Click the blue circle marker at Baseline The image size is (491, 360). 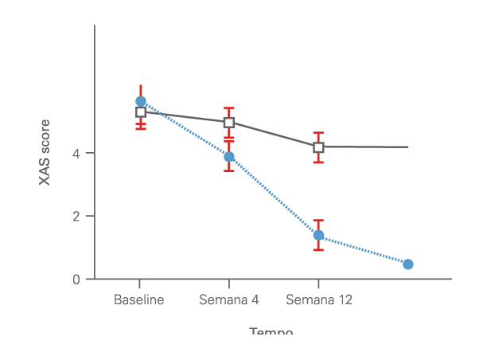tap(141, 101)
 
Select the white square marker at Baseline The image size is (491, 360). tap(141, 112)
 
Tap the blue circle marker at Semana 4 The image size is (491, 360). tap(229, 157)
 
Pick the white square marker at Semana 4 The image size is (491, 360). tap(229, 123)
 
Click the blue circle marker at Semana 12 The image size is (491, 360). tap(318, 235)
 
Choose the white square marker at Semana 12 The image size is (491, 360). tap(318, 147)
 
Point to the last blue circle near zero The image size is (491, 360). tap(407, 264)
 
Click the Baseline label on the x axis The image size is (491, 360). tap(139, 300)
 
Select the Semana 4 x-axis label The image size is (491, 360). tap(229, 300)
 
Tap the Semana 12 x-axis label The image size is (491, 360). tap(318, 300)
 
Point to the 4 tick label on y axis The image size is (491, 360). tap(77, 153)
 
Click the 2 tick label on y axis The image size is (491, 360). tap(77, 216)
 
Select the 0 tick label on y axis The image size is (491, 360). tap(77, 280)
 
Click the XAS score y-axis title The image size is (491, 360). tap(45, 151)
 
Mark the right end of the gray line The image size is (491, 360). tap(407, 147)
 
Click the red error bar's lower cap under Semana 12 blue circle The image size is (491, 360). tap(318, 250)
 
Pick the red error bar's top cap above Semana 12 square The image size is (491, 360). tap(318, 132)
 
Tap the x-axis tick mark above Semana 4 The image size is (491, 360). tap(229, 284)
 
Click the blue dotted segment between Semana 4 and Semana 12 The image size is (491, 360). tap(274, 196)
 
